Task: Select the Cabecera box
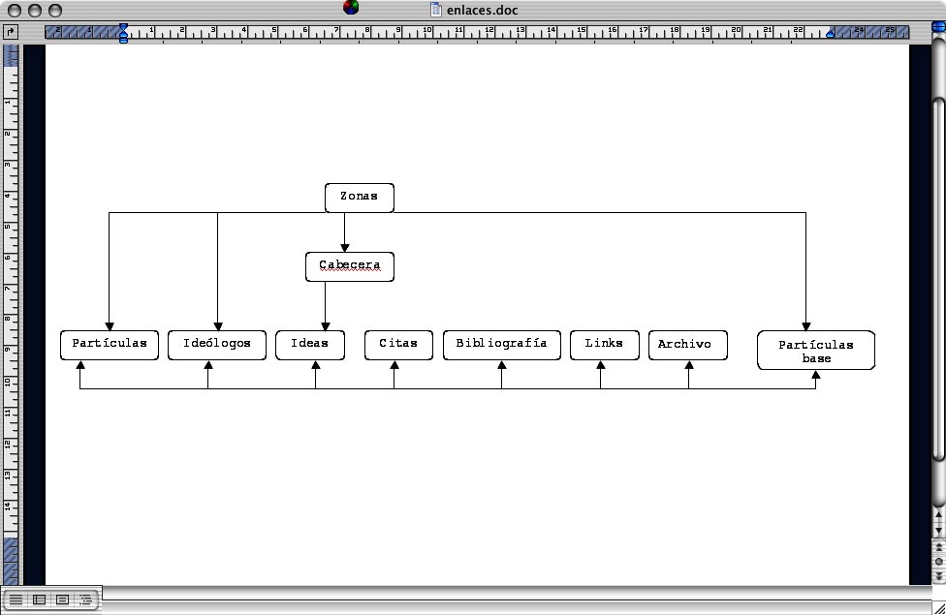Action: [349, 266]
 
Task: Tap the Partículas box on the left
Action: [110, 345]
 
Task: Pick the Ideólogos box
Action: [217, 345]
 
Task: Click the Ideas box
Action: [310, 345]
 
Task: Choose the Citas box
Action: [398, 345]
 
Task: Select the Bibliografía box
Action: [501, 345]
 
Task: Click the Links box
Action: [604, 345]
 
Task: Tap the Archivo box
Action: [687, 345]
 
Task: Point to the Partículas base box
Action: [815, 351]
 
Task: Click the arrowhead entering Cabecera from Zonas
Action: [344, 247]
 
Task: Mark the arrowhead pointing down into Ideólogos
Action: [217, 325]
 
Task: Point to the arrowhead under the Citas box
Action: [394, 365]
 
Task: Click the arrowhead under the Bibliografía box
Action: [501, 365]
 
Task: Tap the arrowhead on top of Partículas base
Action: [805, 326]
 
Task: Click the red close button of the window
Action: [15, 10]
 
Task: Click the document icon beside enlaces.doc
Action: [436, 10]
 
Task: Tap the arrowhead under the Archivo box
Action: [688, 365]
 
